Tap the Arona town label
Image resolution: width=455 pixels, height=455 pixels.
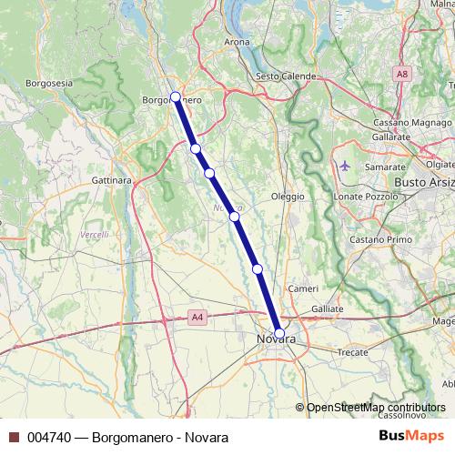point(237,42)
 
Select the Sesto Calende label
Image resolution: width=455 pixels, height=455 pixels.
point(287,76)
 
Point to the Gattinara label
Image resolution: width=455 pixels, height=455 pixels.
point(113,180)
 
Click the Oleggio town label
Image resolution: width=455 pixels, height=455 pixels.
point(288,196)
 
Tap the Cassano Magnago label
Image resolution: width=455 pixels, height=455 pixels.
point(404,122)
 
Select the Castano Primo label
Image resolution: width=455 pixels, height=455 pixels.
point(375,239)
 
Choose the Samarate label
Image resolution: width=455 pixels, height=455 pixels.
point(384,167)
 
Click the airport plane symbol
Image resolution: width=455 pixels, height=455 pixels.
point(344,167)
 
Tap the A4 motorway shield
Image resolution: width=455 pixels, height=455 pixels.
point(197,317)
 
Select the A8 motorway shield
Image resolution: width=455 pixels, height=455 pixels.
point(401,73)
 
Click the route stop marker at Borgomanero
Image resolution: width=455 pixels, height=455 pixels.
point(175,96)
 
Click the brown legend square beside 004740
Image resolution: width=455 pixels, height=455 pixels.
point(13,437)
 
